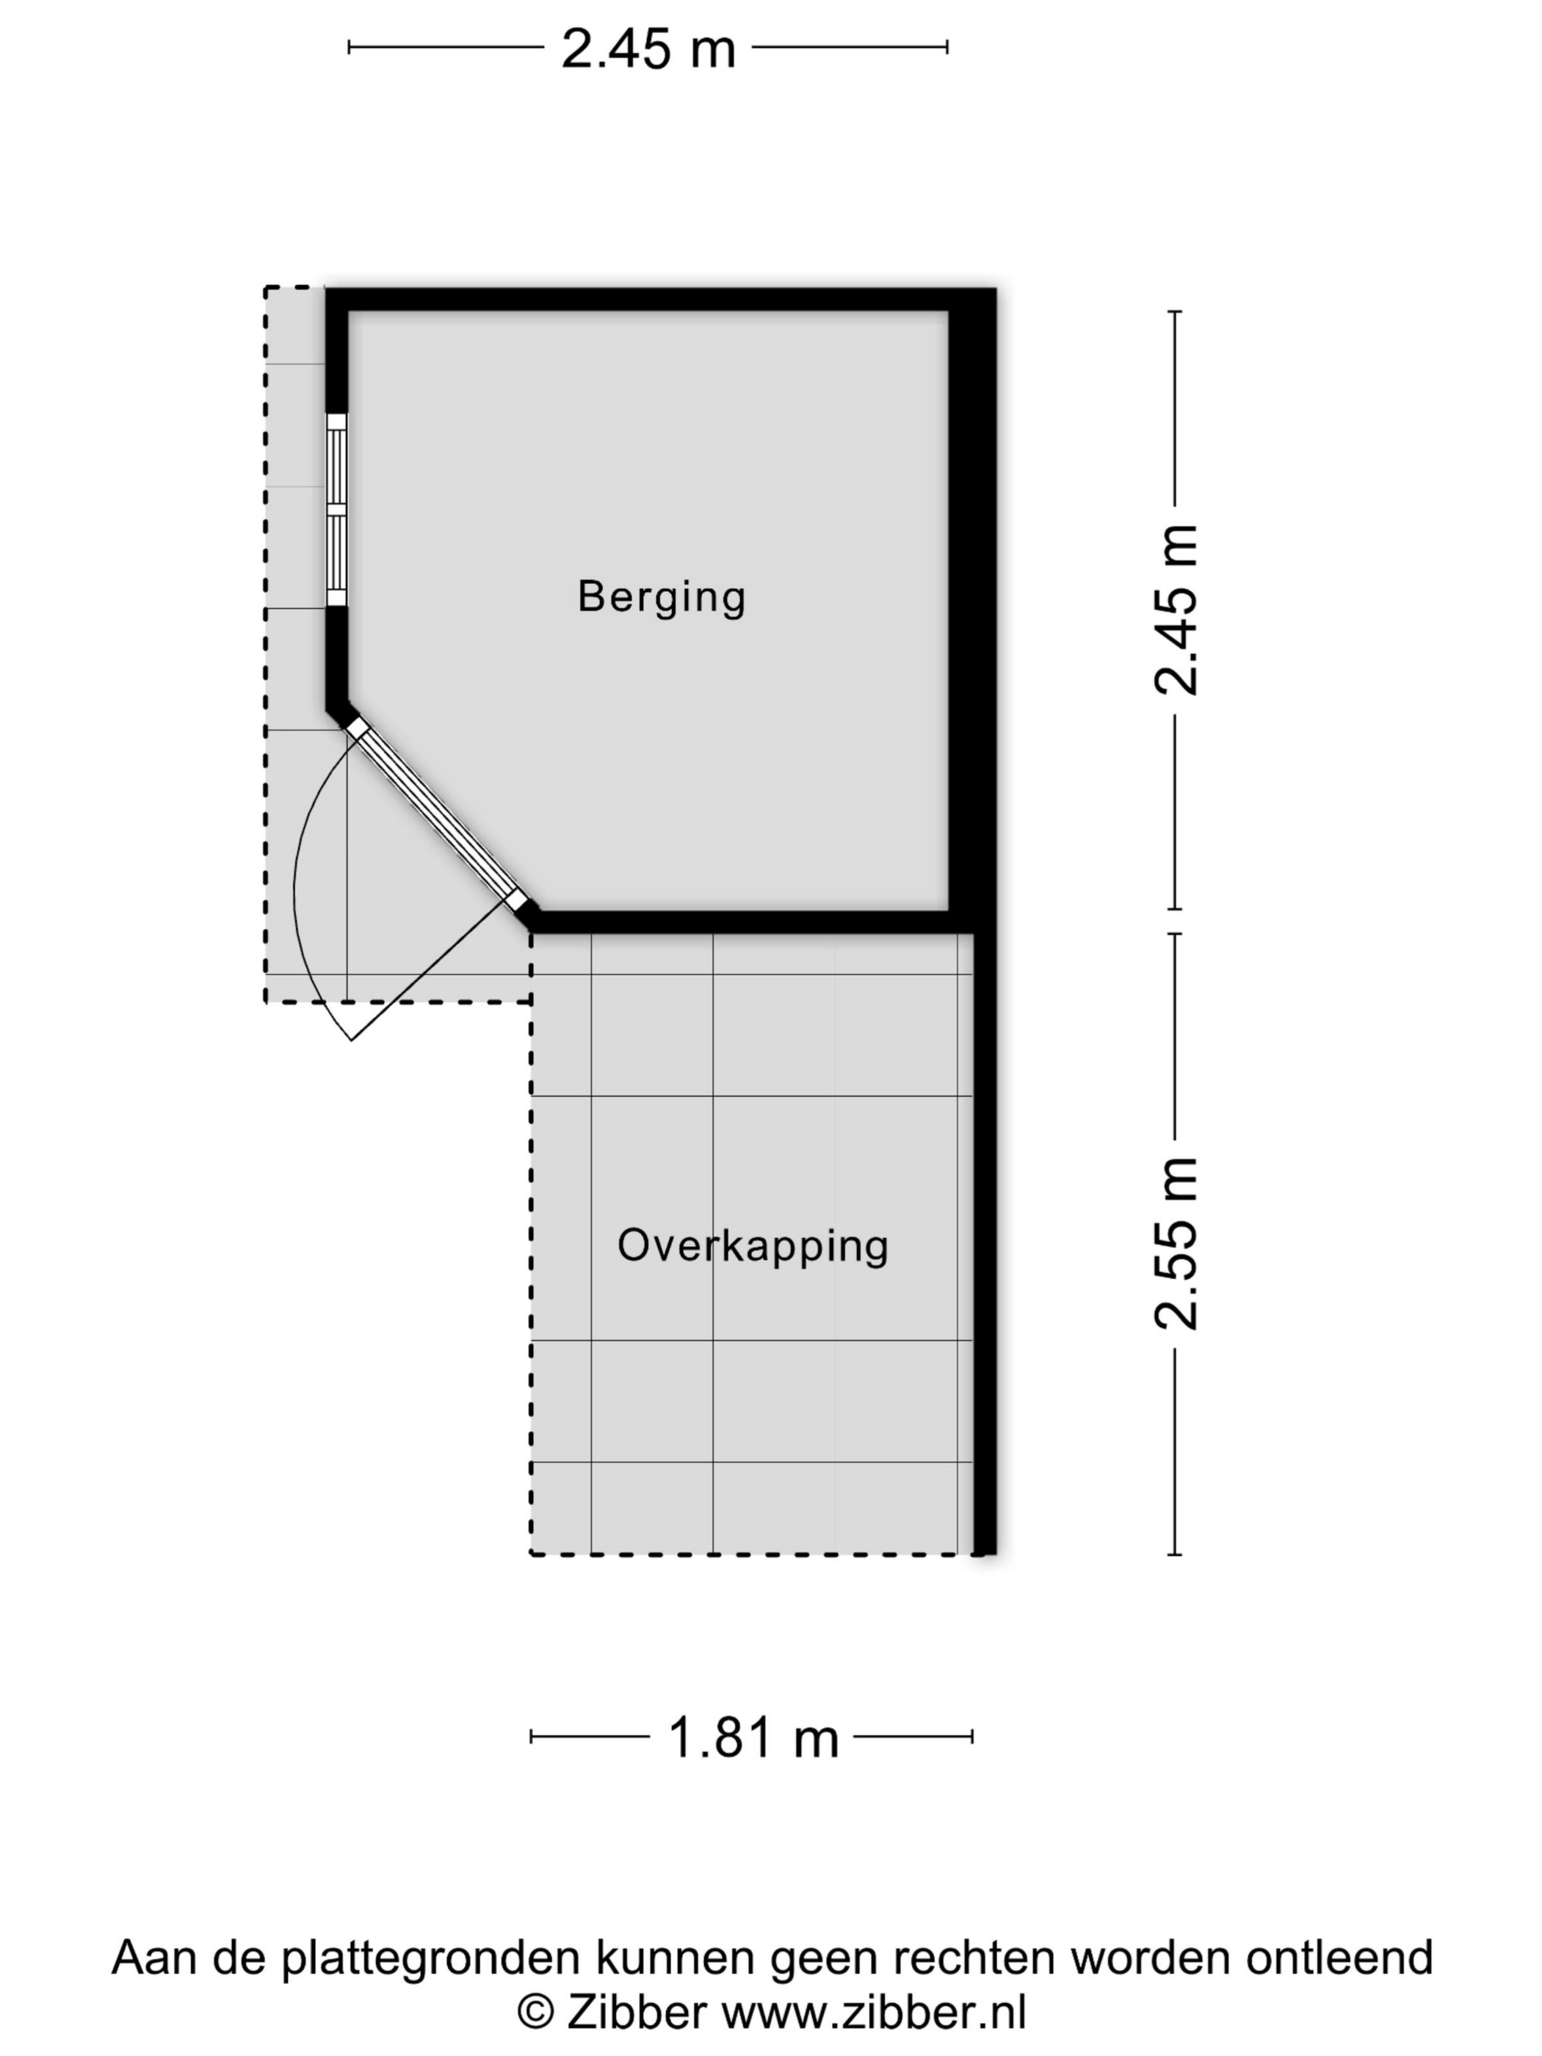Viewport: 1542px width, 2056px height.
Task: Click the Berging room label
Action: tap(661, 598)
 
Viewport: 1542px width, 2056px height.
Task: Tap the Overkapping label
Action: tap(753, 1246)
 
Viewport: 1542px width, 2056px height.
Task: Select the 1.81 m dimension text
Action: tap(753, 1737)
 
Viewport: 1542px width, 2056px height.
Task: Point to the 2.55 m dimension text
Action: tap(1176, 1244)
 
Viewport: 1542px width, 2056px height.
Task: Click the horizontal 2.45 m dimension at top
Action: tap(648, 48)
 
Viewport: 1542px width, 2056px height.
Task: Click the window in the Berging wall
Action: tap(336, 510)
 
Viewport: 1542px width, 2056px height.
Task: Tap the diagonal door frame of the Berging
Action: tap(438, 815)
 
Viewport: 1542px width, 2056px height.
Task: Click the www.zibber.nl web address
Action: tap(874, 2013)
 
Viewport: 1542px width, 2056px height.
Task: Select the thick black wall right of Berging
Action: tap(972, 609)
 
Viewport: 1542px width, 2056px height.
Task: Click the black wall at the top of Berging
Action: tap(661, 300)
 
